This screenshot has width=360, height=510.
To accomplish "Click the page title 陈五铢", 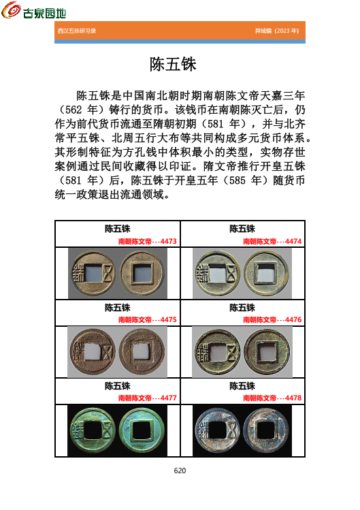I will pyautogui.click(x=173, y=65).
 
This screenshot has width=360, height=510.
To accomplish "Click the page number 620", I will pyautogui.click(x=180, y=471).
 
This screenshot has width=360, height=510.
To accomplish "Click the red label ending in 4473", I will pyautogui.click(x=148, y=241).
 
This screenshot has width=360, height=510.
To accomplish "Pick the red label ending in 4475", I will pyautogui.click(x=148, y=319).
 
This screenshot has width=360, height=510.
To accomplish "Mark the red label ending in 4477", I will pyautogui.click(x=148, y=398).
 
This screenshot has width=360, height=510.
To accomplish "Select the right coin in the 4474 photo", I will pyautogui.click(x=267, y=273).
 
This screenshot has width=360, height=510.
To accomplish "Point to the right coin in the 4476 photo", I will pyautogui.click(x=267, y=352).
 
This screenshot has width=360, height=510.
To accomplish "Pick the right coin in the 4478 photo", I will pyautogui.click(x=267, y=430).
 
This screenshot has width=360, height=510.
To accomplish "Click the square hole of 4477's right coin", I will pyautogui.click(x=142, y=430).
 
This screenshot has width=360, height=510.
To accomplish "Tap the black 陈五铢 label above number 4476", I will pyautogui.click(x=242, y=308).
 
